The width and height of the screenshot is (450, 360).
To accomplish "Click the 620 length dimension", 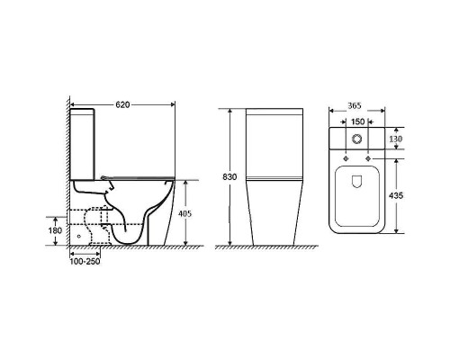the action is click(122, 104).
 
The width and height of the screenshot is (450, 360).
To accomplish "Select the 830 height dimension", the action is click(229, 177).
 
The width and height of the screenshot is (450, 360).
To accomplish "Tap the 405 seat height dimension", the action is click(185, 213).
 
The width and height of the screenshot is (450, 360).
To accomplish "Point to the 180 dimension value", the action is click(55, 230).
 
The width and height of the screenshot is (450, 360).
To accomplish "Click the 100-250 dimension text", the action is click(85, 262).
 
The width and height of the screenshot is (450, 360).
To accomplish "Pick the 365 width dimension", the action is click(355, 106).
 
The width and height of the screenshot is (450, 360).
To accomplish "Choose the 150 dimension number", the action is click(357, 121).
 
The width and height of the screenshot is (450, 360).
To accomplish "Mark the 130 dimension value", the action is click(396, 139).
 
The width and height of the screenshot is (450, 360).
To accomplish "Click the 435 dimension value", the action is click(396, 195).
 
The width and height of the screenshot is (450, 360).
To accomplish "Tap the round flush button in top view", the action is click(356, 139).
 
